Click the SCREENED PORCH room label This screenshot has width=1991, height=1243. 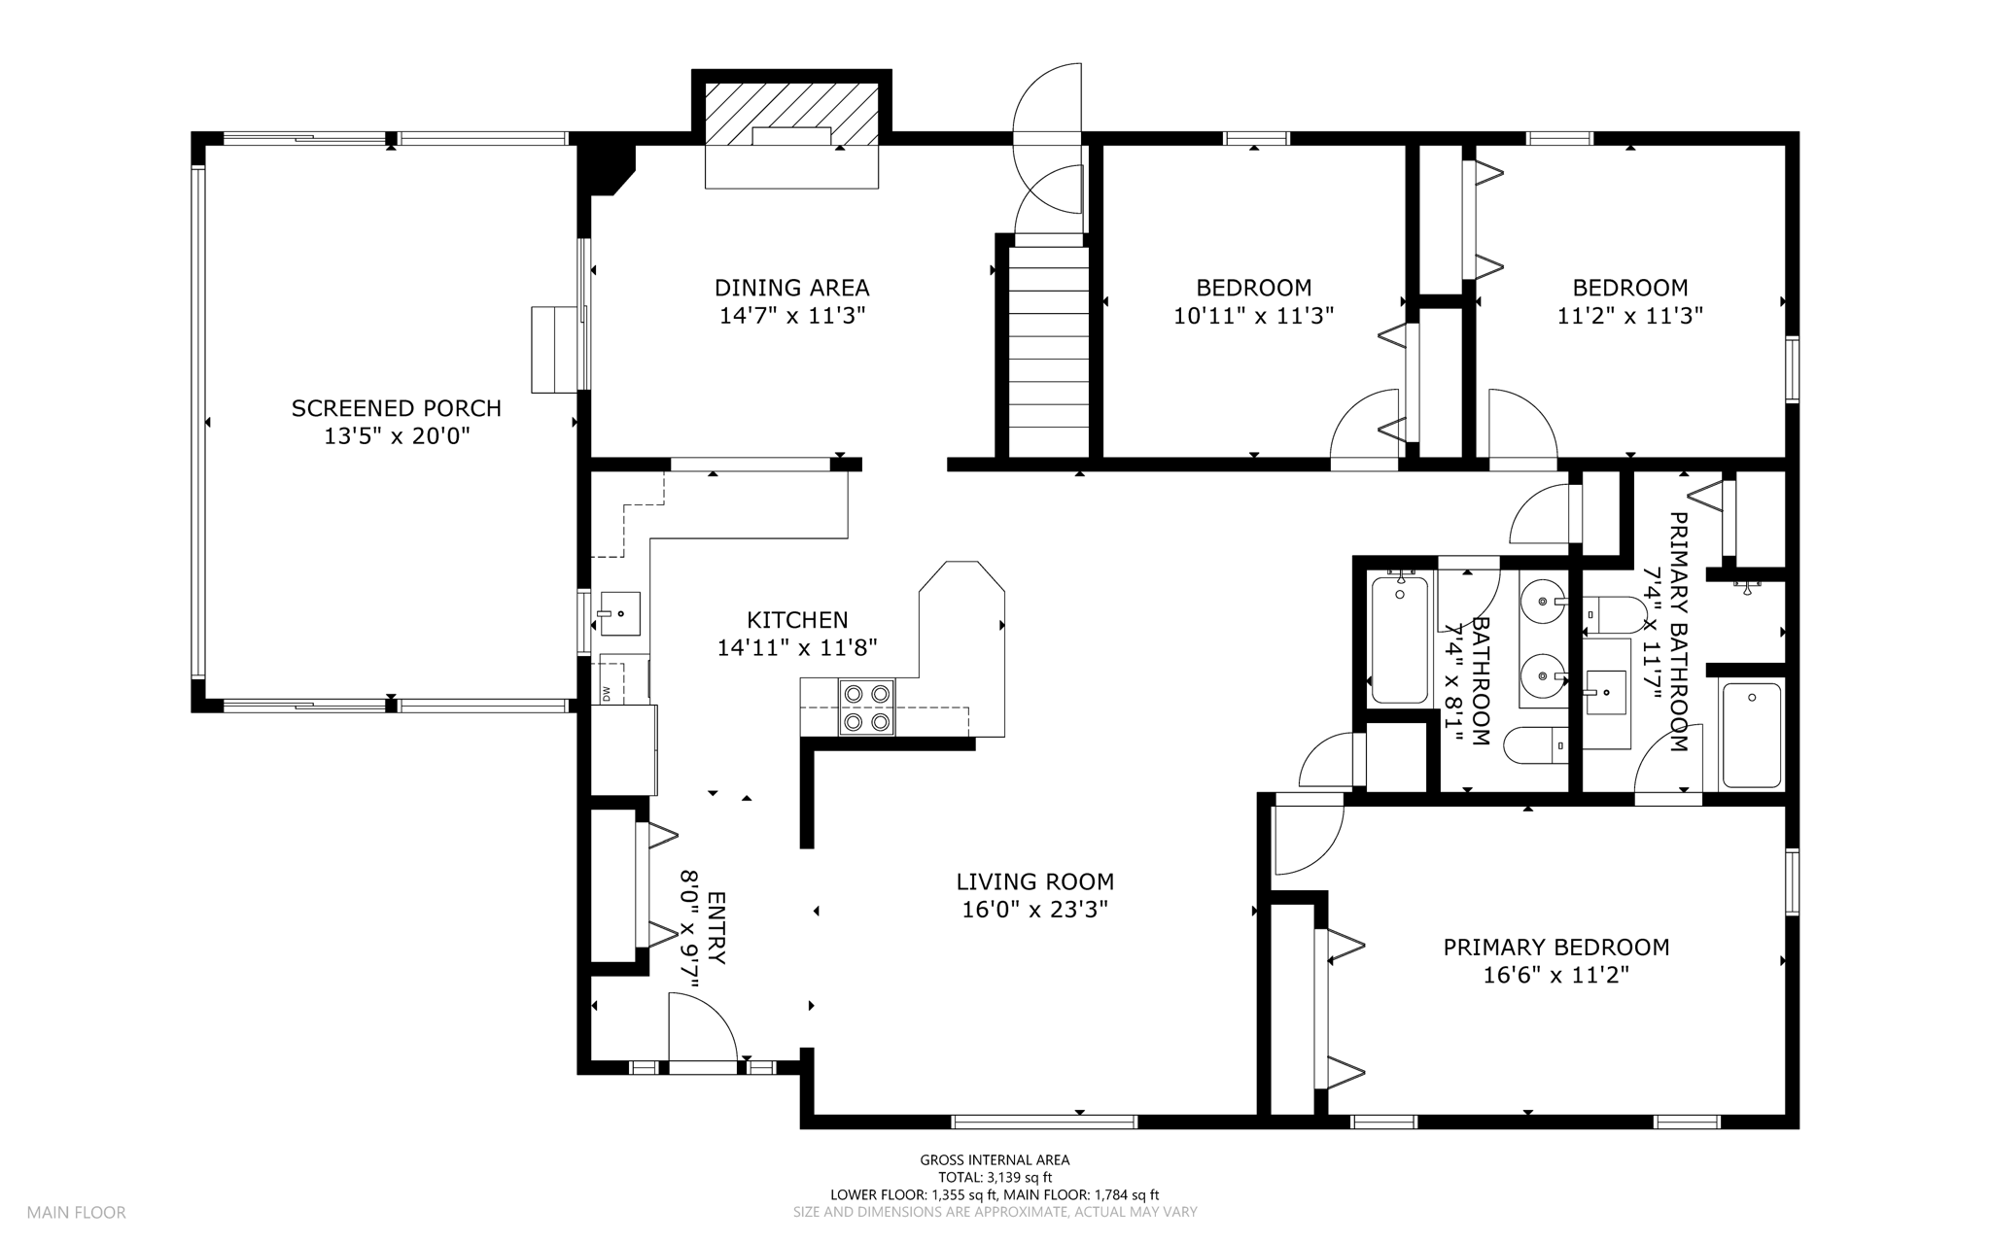[397, 408]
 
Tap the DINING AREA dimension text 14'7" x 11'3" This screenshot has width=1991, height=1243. [792, 316]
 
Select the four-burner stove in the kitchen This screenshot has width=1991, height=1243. [867, 708]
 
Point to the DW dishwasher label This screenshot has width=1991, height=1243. [607, 694]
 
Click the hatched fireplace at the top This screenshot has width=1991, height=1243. [791, 116]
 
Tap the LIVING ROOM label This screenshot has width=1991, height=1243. [1035, 881]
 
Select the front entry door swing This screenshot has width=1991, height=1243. [702, 1029]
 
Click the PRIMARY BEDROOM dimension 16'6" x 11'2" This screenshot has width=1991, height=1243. [1556, 975]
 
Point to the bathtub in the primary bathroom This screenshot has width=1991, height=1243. [1752, 735]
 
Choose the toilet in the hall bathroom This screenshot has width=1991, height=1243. [1535, 746]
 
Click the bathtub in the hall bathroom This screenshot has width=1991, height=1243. [1399, 639]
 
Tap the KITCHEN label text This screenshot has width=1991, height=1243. [797, 620]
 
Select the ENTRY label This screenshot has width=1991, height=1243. [716, 928]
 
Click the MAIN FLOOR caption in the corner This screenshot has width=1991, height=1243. [77, 1213]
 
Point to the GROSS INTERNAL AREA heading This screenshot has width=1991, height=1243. [995, 1159]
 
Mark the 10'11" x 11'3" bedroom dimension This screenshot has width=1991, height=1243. [1254, 316]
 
